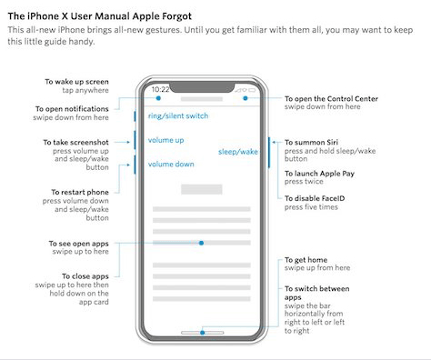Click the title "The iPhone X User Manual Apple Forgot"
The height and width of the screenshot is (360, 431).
coord(100,16)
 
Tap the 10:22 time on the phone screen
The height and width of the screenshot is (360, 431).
coord(160,89)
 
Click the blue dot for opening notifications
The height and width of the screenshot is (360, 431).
coord(158,98)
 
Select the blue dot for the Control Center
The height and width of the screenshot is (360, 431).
coord(246,98)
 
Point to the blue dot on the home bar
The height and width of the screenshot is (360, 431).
coord(203,333)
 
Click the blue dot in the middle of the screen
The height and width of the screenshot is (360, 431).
coord(201,243)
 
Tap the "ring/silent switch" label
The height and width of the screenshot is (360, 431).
coord(178,116)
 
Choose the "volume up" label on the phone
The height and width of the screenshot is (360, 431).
coord(165,140)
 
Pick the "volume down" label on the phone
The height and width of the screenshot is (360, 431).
coord(171,165)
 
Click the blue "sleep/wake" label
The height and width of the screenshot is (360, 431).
coord(238,152)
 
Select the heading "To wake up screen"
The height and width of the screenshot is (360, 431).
coord(76,82)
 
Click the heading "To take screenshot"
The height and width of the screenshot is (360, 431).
coord(75,143)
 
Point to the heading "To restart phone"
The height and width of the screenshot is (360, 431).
coord(80,192)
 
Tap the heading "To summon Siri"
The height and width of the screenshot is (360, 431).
coord(311,143)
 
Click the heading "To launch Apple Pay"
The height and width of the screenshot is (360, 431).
coord(319,174)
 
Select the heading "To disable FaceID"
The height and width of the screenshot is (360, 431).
coord(315,198)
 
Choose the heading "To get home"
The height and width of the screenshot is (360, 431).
coord(306,260)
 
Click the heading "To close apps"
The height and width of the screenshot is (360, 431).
coord(85,276)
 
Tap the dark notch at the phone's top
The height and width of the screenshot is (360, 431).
coord(202,86)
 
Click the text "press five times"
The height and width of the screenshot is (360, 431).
coord(311,207)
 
